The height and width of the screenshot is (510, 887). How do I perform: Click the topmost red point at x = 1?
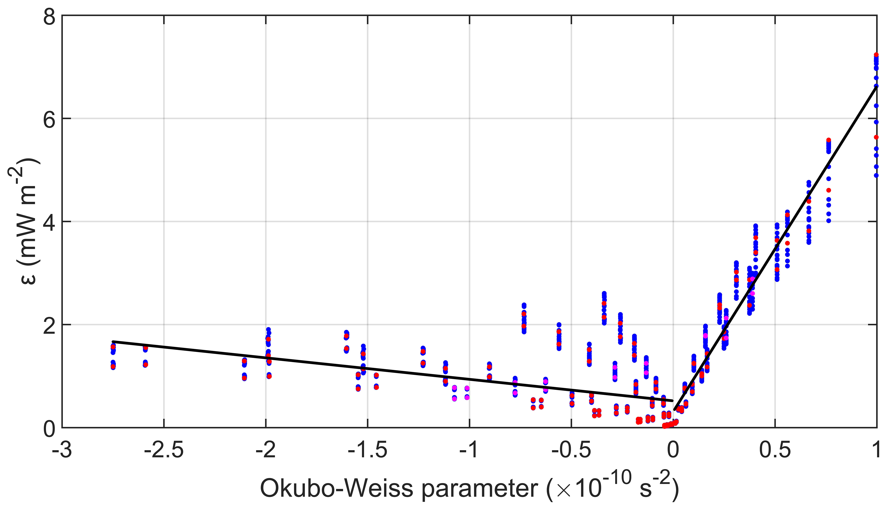pyautogui.click(x=876, y=55)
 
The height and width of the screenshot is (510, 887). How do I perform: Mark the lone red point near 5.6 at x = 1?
pyautogui.click(x=876, y=137)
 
